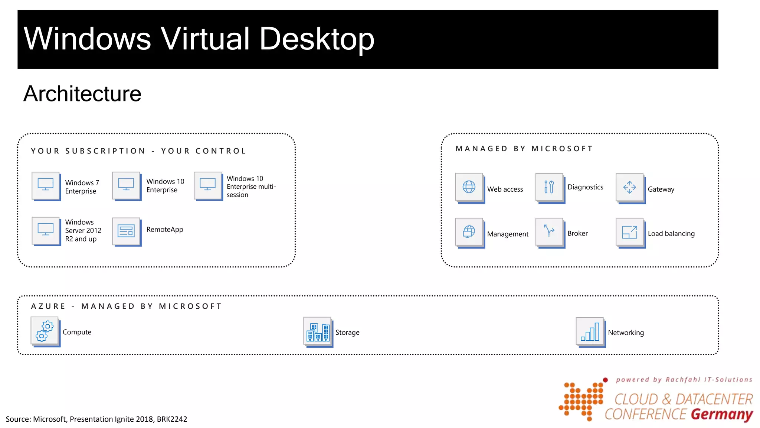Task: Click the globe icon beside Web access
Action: click(x=469, y=187)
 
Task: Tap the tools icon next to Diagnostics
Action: click(x=549, y=187)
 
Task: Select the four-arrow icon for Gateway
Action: click(x=629, y=187)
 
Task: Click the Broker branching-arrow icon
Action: click(x=549, y=231)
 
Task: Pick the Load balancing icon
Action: click(x=629, y=232)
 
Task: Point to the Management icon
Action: click(x=469, y=232)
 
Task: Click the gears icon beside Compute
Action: click(x=45, y=331)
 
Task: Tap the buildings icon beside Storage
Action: click(x=318, y=331)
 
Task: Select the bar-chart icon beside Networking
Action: click(x=590, y=331)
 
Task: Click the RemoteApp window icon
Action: click(x=126, y=231)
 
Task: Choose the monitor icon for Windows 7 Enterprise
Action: click(x=46, y=185)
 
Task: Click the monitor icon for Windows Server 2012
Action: click(x=46, y=230)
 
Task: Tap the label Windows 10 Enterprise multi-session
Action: click(x=251, y=187)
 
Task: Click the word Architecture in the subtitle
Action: click(x=82, y=94)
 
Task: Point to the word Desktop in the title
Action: click(x=317, y=39)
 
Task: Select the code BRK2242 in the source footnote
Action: click(x=172, y=419)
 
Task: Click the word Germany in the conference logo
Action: click(x=721, y=414)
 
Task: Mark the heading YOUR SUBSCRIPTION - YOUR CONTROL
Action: click(x=138, y=151)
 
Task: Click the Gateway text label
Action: click(x=661, y=189)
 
